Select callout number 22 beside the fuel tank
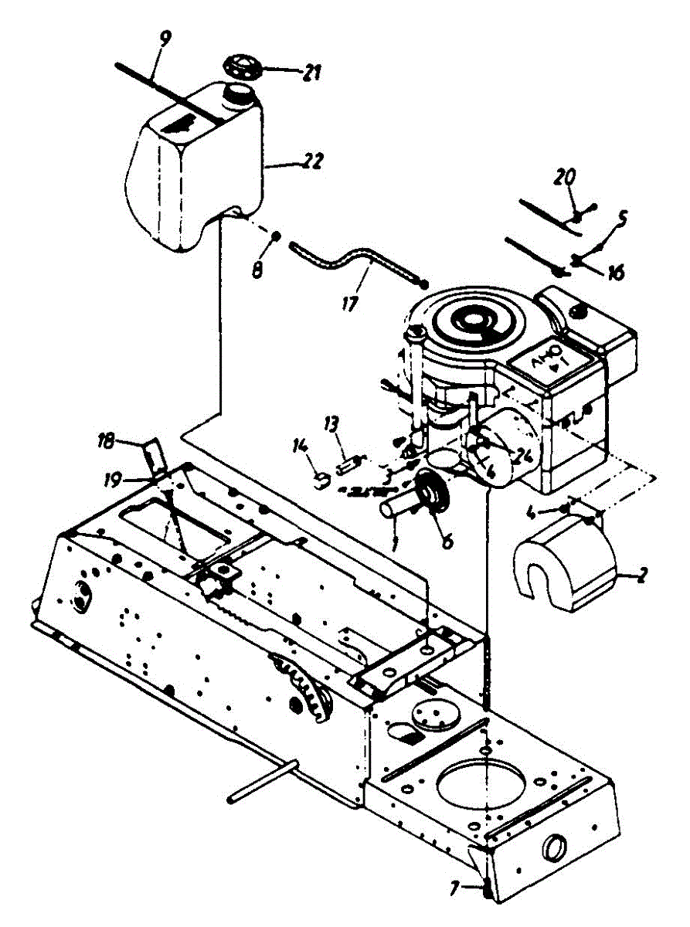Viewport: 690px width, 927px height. [312, 162]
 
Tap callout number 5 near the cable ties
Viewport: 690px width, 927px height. [622, 219]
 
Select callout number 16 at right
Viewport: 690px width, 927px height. [615, 272]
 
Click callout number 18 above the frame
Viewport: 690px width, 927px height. [106, 441]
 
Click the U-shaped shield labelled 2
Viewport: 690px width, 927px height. [563, 564]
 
